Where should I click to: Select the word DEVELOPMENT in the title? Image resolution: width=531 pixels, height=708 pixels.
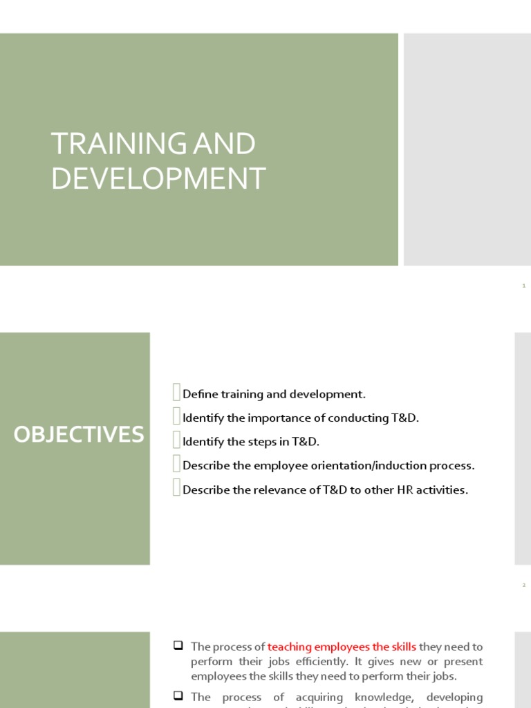pos(158,178)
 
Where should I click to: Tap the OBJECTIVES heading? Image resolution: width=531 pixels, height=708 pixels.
pos(80,435)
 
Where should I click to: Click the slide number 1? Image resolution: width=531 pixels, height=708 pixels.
pos(524,286)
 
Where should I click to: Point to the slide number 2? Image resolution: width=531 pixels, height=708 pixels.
pos(524,586)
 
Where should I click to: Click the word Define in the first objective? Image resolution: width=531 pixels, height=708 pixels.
pos(200,394)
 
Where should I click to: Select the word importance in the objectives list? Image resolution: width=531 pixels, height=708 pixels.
pos(257,418)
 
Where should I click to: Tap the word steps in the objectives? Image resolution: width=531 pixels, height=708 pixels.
pos(261,442)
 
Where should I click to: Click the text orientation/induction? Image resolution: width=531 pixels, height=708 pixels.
pos(366,466)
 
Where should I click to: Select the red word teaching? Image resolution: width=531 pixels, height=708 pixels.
pos(290,647)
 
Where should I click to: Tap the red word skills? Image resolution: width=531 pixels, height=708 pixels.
pos(402,647)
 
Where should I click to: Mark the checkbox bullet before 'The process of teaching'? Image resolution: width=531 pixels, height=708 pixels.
pos(178,646)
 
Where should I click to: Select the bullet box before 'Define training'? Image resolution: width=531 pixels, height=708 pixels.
pos(177,393)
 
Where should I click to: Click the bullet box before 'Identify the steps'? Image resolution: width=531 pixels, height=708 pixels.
pos(177,440)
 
